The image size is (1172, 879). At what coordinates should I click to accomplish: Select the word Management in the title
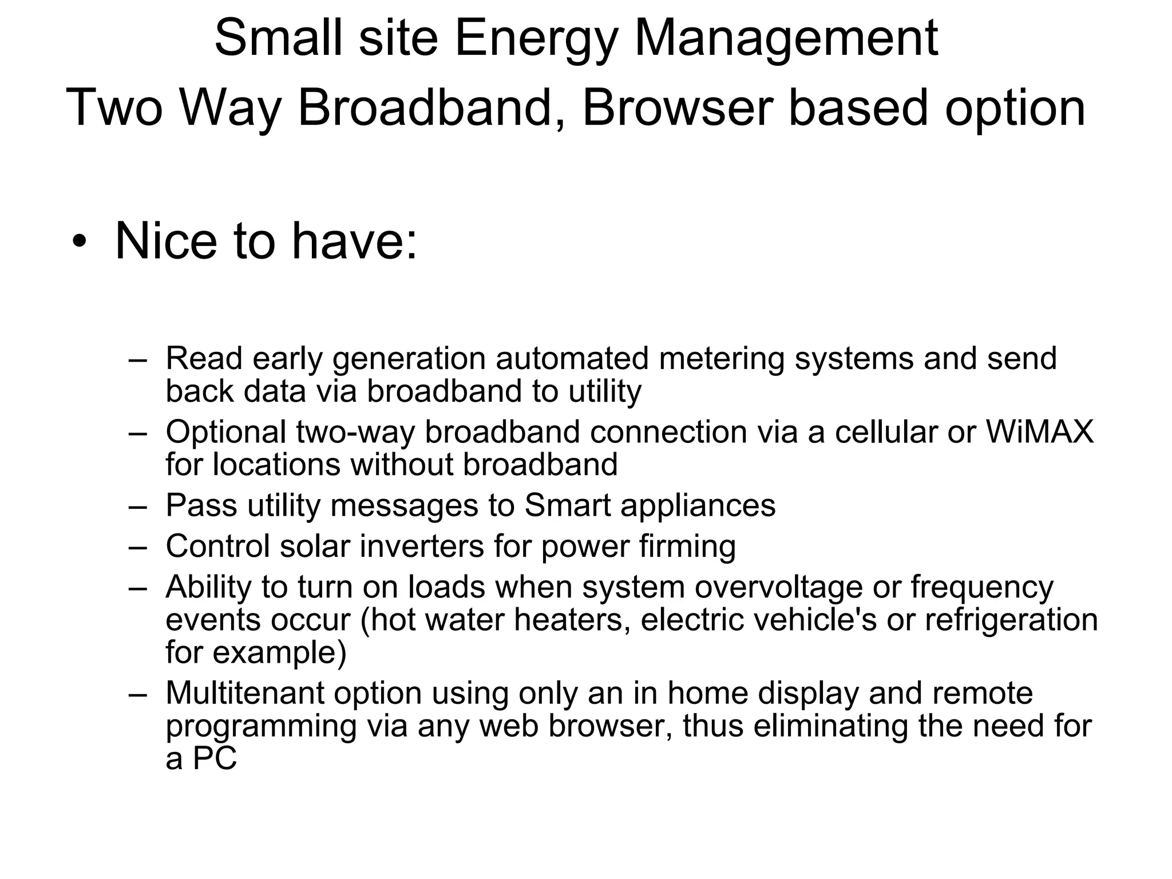click(x=786, y=39)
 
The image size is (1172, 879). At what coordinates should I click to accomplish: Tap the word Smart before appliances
click(x=567, y=505)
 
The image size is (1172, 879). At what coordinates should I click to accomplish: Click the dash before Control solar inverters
click(x=138, y=547)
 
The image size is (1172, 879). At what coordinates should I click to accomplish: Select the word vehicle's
click(x=815, y=620)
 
